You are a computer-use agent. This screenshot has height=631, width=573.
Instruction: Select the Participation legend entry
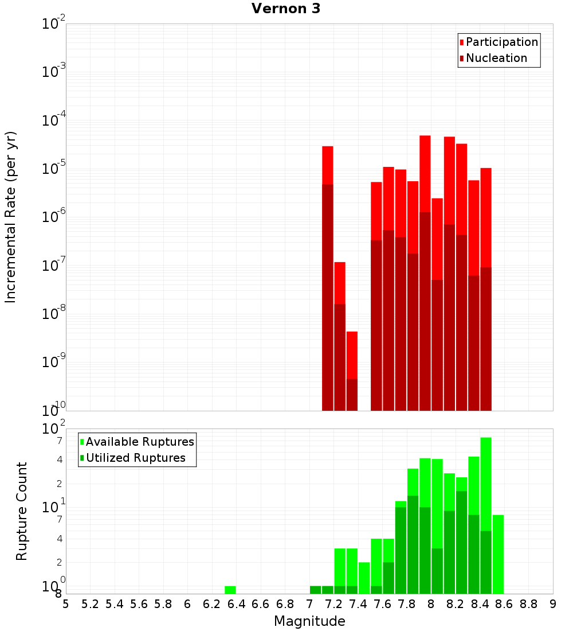click(x=502, y=42)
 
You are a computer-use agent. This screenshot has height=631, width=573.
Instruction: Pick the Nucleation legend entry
click(x=496, y=58)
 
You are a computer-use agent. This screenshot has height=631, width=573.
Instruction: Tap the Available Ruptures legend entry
click(x=140, y=442)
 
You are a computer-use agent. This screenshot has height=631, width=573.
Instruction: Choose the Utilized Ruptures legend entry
click(x=135, y=458)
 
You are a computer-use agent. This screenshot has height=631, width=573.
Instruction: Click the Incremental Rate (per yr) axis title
click(x=10, y=217)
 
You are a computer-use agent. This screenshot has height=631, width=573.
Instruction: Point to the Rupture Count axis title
click(x=22, y=511)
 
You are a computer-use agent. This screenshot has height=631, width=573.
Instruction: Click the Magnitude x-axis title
click(x=309, y=621)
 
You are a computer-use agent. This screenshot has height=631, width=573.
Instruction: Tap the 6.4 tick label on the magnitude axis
click(x=236, y=604)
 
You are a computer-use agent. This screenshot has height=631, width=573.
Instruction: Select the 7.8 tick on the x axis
click(x=407, y=604)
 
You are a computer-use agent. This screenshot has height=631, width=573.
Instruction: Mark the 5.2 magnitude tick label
click(x=90, y=604)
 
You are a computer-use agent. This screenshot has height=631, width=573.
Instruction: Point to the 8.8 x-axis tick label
click(x=528, y=604)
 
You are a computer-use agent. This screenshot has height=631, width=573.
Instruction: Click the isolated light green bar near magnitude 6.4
click(x=230, y=590)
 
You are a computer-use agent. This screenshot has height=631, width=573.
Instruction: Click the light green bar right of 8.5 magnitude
click(x=498, y=554)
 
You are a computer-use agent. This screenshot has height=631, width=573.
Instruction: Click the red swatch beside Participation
click(x=462, y=42)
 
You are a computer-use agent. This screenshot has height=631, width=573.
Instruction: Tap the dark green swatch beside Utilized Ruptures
click(x=82, y=458)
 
